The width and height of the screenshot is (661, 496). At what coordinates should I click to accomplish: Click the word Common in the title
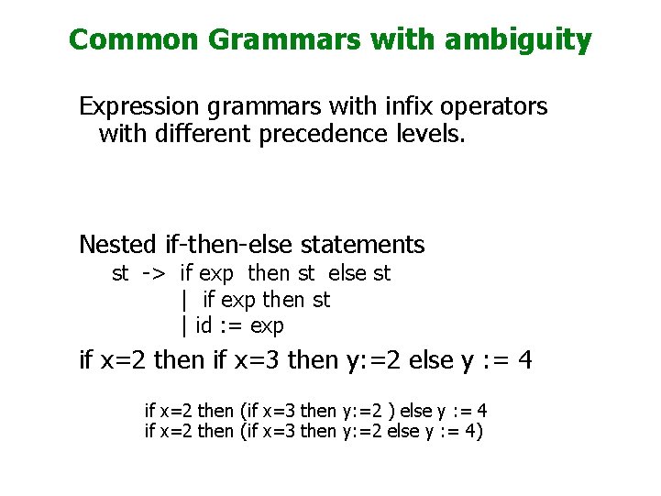click(134, 40)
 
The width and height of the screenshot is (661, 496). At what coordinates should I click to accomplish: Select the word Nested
click(117, 245)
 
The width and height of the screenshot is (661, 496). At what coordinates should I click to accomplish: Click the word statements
click(362, 245)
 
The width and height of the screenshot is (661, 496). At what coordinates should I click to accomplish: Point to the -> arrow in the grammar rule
click(153, 273)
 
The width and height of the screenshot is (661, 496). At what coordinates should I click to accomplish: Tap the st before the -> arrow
click(120, 273)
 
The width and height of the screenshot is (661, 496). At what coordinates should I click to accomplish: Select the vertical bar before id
click(184, 326)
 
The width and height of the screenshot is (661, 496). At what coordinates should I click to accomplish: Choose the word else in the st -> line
click(347, 273)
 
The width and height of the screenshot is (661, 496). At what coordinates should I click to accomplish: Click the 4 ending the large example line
click(523, 360)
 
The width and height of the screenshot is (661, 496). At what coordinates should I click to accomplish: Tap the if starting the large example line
click(86, 360)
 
